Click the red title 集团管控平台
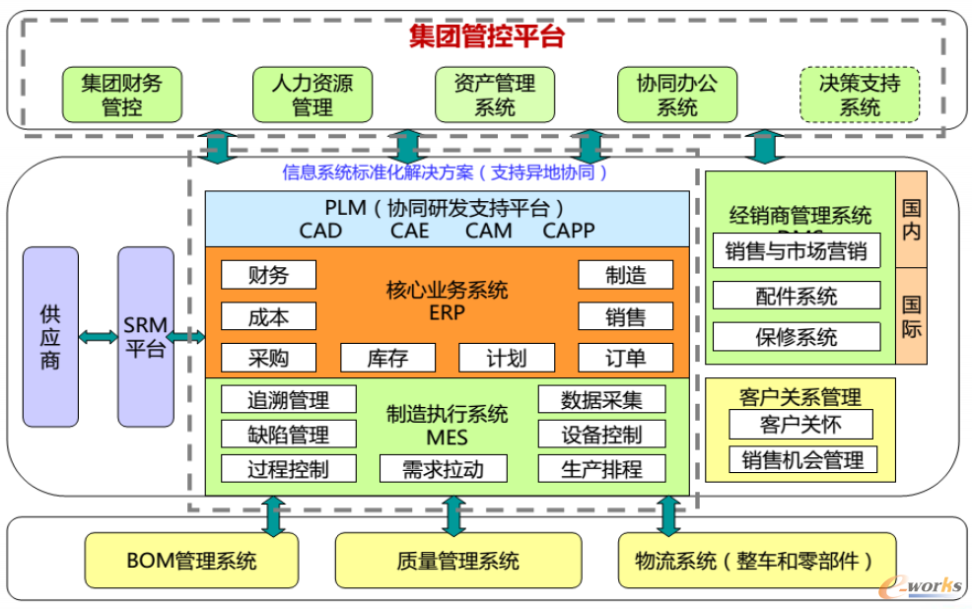point(486,37)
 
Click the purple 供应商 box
point(50,336)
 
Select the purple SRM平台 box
point(145,336)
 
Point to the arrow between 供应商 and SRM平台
point(98,337)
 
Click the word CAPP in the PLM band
point(569,231)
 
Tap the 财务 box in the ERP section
point(268,275)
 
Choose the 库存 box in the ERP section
point(387,358)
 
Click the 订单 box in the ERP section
point(625,358)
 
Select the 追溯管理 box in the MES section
point(288,400)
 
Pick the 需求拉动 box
point(443,468)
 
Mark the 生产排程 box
point(601,468)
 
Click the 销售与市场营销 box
point(796,250)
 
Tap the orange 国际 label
point(912,315)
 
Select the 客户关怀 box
point(800,425)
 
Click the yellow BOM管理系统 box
point(191,561)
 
